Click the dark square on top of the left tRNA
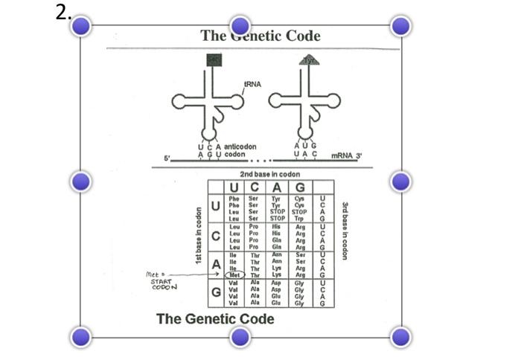click(x=214, y=60)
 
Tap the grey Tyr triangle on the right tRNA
click(x=309, y=60)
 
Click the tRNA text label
click(x=252, y=84)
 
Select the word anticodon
click(x=242, y=147)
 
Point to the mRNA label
click(x=345, y=155)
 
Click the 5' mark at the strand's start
click(x=167, y=158)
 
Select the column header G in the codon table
click(x=300, y=187)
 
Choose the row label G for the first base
click(x=215, y=292)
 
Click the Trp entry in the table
click(x=299, y=219)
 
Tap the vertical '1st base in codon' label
click(x=199, y=236)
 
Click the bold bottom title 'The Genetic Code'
click(x=215, y=319)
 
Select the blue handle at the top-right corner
click(x=401, y=26)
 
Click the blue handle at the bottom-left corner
click(x=80, y=337)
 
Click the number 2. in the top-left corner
click(x=63, y=12)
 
